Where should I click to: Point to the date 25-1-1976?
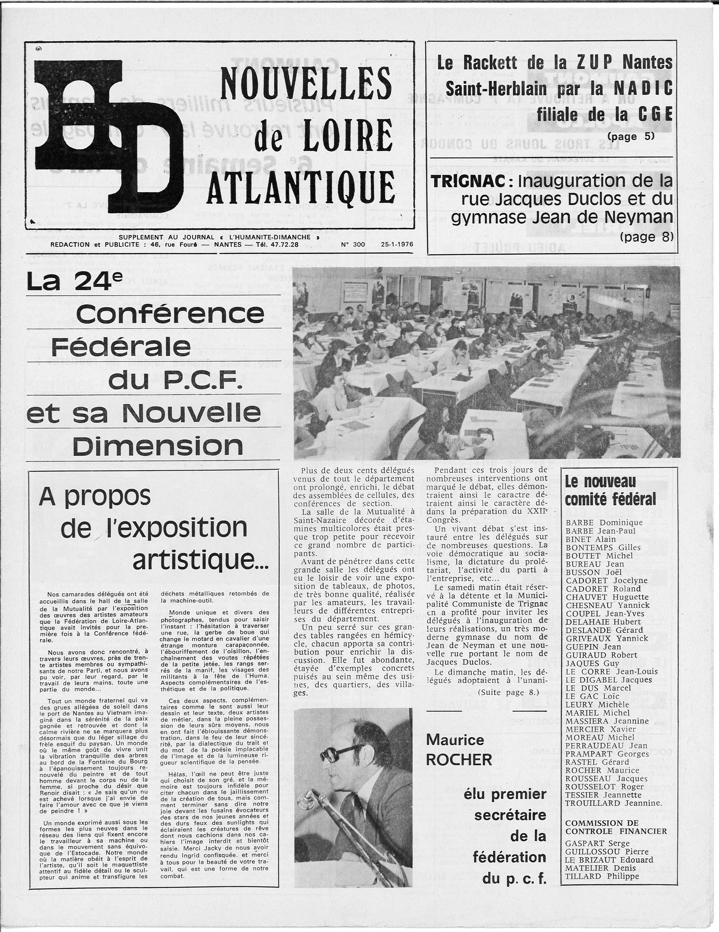[397, 244]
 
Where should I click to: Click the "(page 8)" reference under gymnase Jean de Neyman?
[646, 237]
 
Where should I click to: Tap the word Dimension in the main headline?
[158, 446]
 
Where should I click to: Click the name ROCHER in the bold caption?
[459, 759]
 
